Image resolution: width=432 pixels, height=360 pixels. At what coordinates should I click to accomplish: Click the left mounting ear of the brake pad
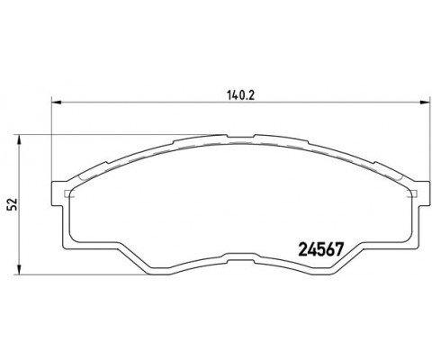coord(62,191)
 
